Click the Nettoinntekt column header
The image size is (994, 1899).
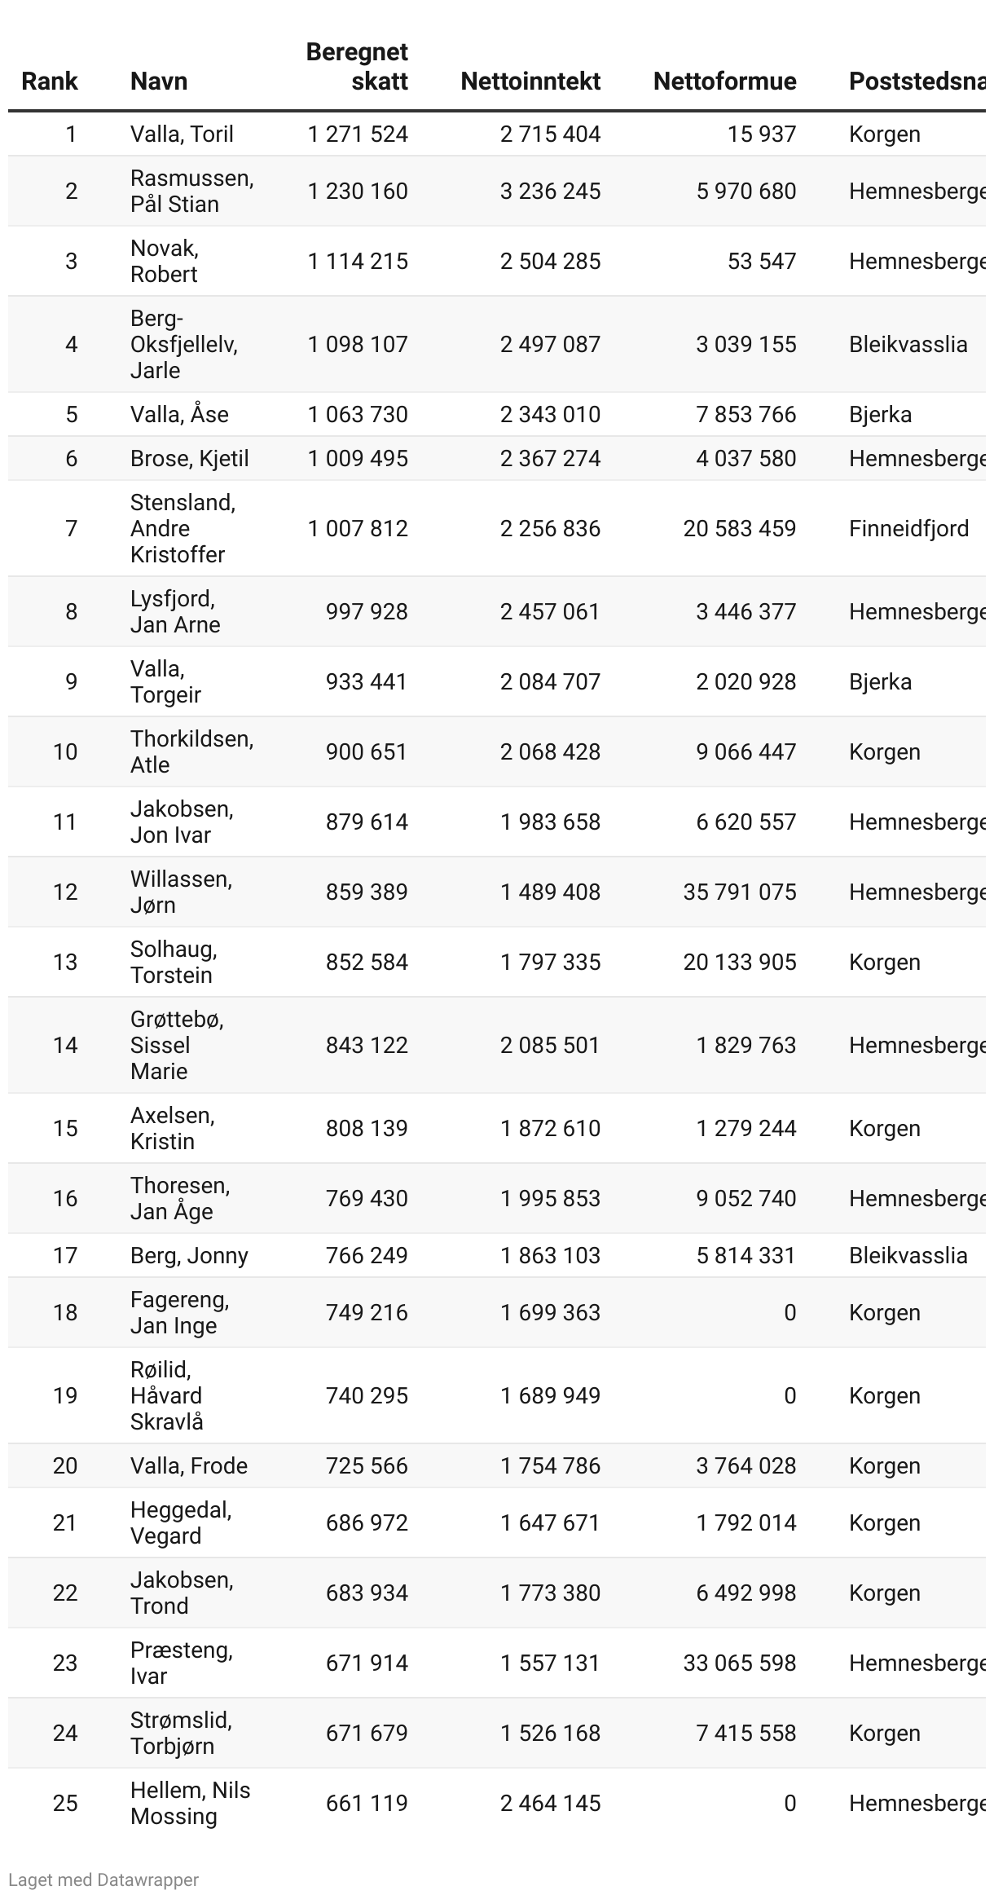(530, 81)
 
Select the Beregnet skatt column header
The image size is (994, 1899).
(357, 66)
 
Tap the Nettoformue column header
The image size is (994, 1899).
(724, 81)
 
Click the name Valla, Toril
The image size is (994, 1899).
(182, 134)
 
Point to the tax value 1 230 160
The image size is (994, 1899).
(358, 191)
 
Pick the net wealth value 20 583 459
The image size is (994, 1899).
(739, 528)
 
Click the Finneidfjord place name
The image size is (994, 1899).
(908, 528)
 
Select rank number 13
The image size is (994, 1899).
(65, 962)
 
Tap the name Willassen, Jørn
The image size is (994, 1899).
(181, 892)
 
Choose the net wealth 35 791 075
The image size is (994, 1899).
(739, 892)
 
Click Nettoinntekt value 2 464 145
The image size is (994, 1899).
(550, 1803)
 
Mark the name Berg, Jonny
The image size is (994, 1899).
(189, 1255)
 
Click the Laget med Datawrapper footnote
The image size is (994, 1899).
(103, 1879)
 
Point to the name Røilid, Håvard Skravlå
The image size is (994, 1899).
(167, 1395)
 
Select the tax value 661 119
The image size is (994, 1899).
(367, 1803)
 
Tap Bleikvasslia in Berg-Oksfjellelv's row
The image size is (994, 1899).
(908, 344)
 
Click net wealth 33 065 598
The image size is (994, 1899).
(739, 1663)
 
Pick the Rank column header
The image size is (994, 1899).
(49, 81)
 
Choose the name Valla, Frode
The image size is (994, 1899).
(189, 1465)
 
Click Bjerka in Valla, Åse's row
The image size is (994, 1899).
(880, 414)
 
